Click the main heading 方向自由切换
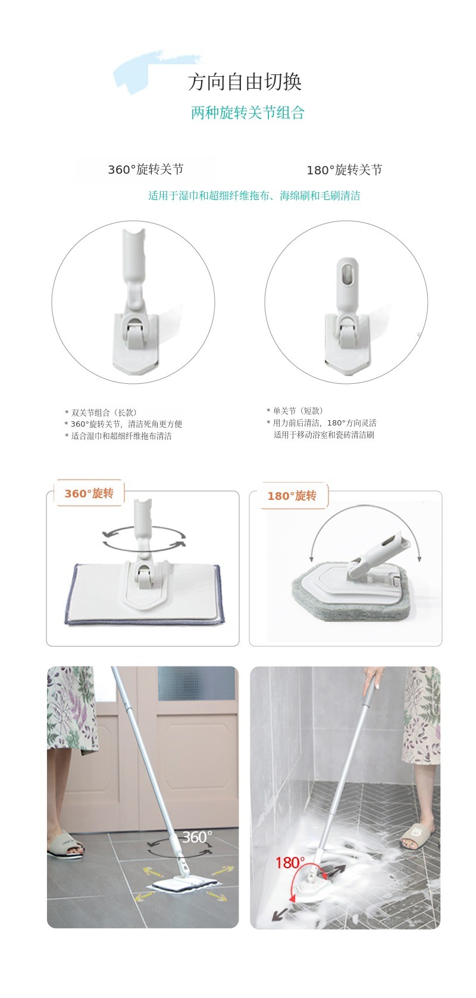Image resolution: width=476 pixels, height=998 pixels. point(245,82)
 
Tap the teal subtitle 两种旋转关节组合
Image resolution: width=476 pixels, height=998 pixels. point(248,112)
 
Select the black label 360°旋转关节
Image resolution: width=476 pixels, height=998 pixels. point(146,169)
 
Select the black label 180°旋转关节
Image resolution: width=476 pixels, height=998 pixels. point(344,170)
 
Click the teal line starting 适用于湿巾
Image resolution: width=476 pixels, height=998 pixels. point(254,196)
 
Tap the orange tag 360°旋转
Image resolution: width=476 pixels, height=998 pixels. point(89,494)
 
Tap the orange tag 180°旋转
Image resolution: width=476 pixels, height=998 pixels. point(292,496)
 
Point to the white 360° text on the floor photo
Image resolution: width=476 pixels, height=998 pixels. point(198,837)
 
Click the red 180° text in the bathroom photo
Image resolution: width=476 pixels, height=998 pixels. point(290,862)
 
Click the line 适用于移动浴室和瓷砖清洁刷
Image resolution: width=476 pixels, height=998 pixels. point(324,435)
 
